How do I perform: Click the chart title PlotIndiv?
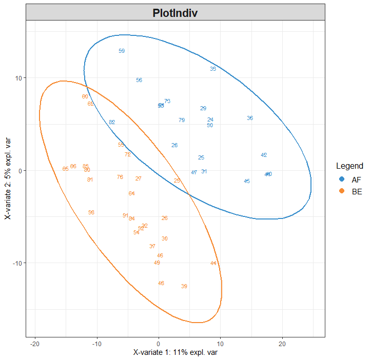coord(175,13)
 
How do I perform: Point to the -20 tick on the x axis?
coord(35,343)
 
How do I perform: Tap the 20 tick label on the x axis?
coord(282,343)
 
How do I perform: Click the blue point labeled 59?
coord(122,51)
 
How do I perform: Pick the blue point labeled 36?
coord(250,118)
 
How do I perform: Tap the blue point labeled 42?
coord(264,155)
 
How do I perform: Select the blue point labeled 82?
coord(112,122)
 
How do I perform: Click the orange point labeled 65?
coord(65,169)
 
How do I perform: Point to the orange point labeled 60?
coord(85,96)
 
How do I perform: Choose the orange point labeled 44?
coord(213,263)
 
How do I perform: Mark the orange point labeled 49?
coord(157,263)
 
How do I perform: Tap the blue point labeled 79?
coord(182,120)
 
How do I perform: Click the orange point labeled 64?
coord(132,193)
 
